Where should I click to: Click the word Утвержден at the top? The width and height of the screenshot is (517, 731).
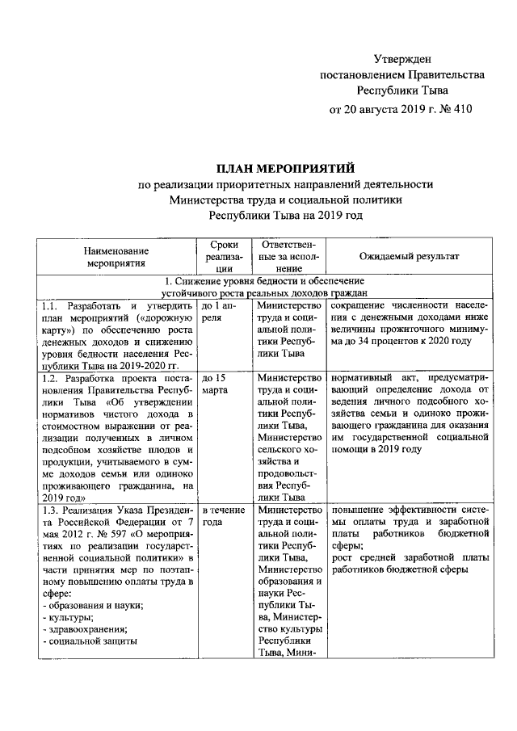[401, 59]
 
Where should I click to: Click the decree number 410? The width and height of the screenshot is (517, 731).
[460, 107]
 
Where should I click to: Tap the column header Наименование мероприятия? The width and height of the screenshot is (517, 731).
[117, 256]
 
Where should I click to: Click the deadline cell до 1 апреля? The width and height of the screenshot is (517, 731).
[222, 313]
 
